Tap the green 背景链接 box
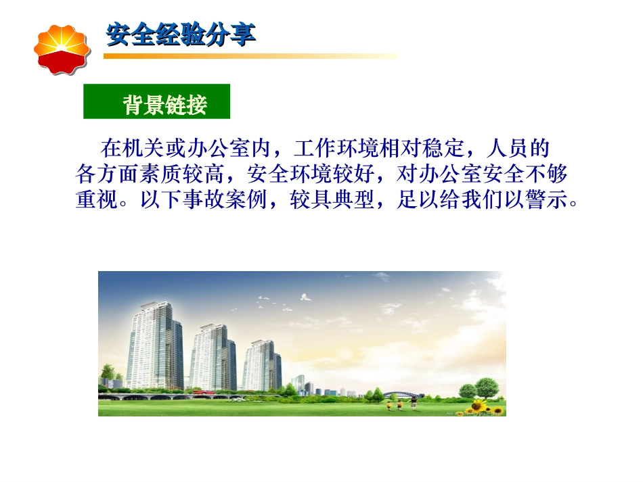157,102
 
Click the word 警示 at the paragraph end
548,201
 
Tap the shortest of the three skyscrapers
261,365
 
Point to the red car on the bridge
197,391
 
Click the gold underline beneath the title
250,56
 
